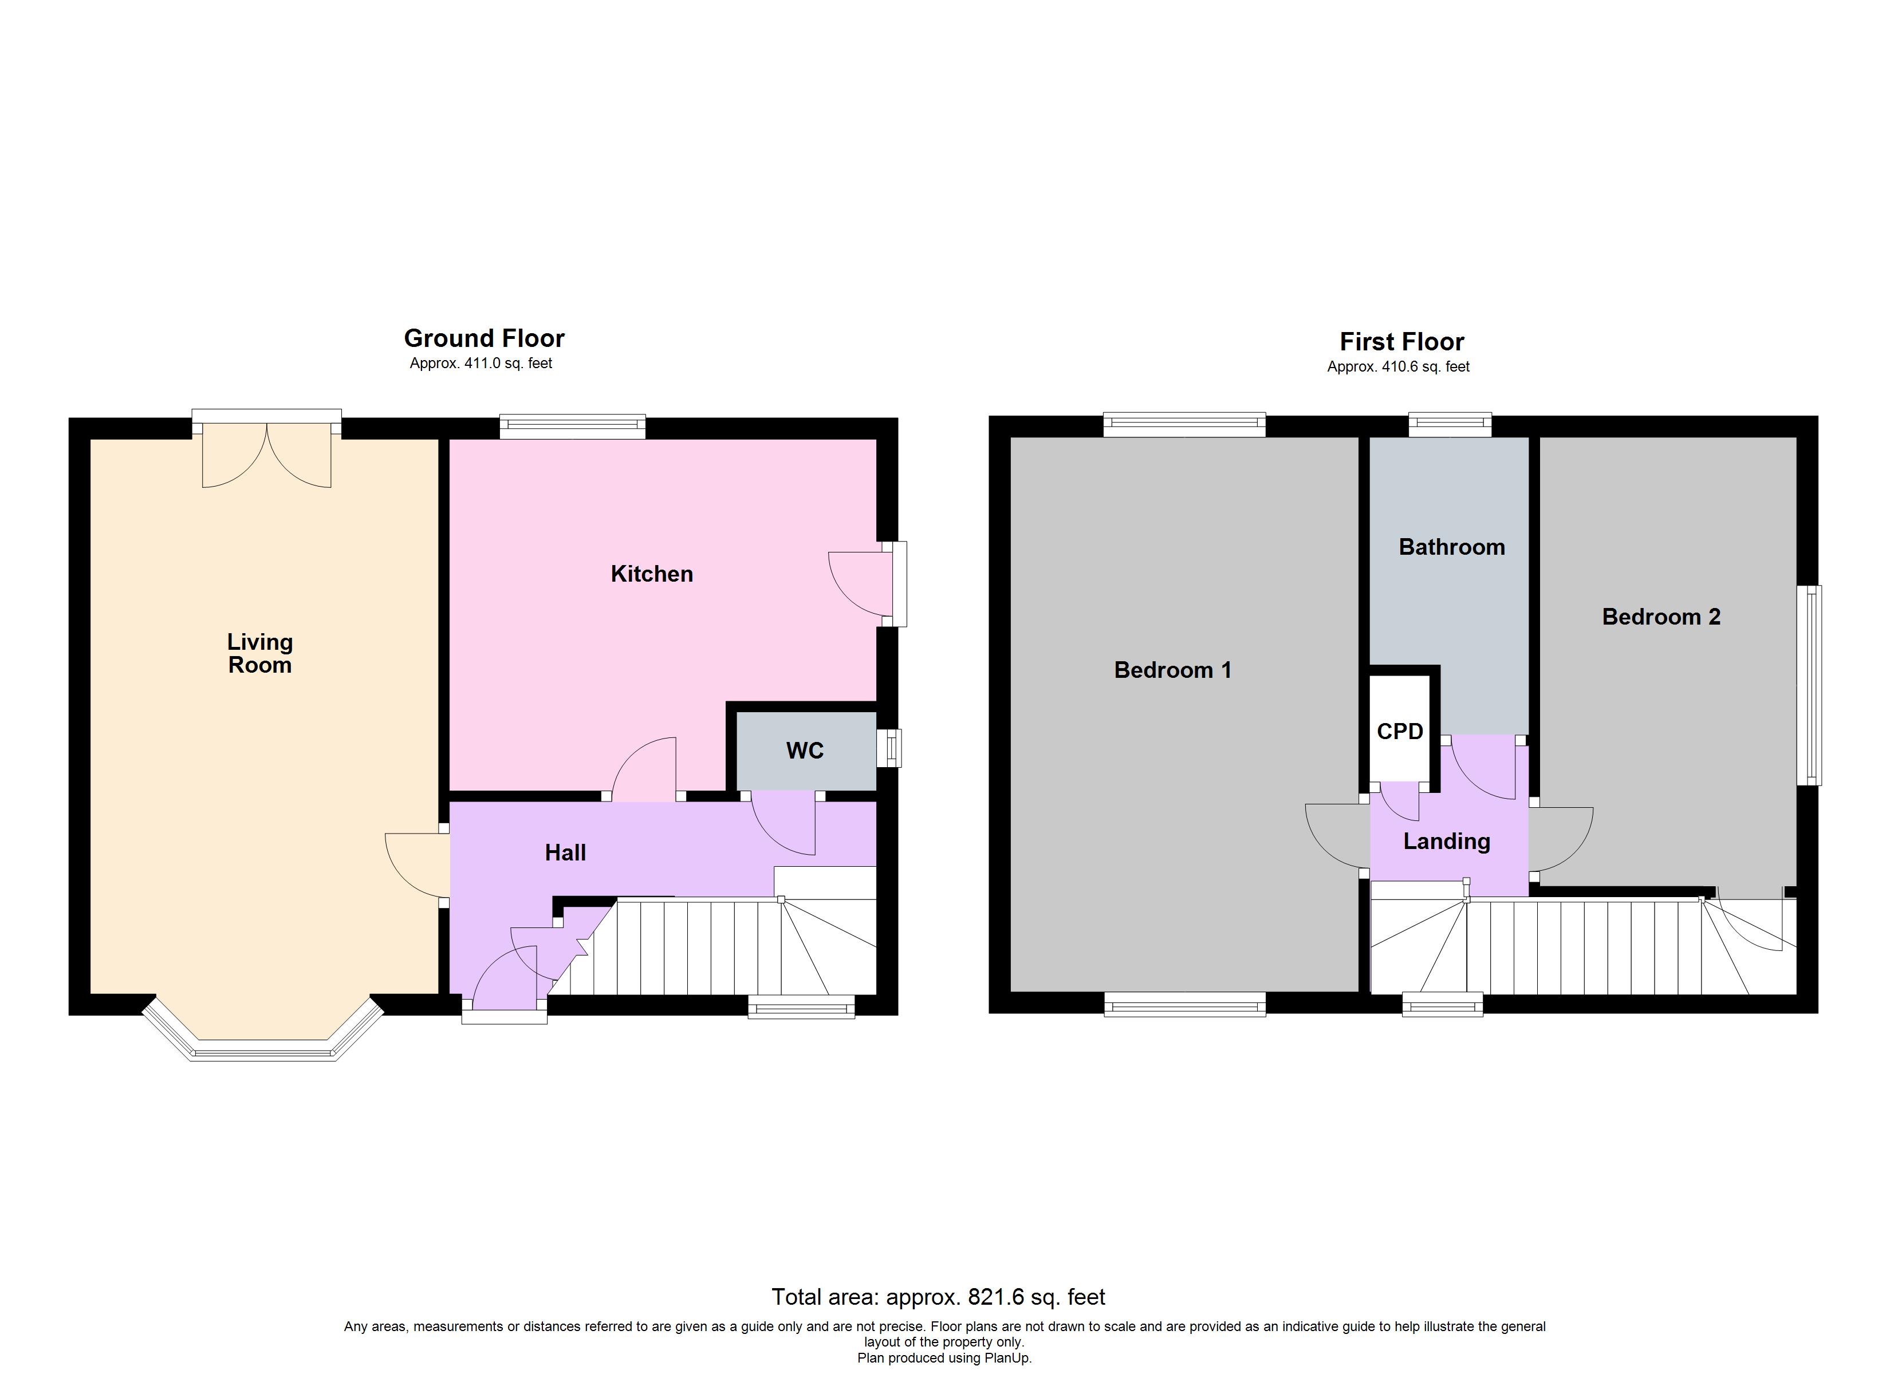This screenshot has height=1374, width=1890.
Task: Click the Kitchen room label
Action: point(652,574)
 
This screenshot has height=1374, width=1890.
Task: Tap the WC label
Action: point(804,751)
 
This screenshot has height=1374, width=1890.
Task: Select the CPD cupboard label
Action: point(1400,732)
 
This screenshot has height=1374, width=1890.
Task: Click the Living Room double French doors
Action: point(267,454)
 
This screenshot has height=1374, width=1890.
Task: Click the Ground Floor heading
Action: point(484,338)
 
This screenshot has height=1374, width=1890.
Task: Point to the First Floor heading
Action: point(1401,342)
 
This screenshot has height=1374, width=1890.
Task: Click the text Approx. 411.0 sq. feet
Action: point(481,364)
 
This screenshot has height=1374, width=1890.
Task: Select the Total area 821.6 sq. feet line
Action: point(938,1297)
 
